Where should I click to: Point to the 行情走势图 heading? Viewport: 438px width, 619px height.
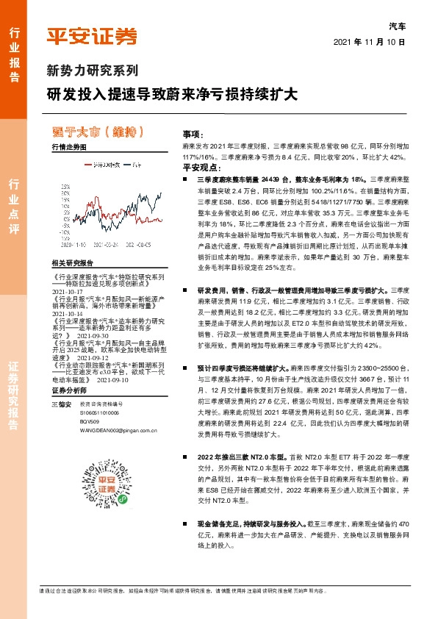click(x=69, y=148)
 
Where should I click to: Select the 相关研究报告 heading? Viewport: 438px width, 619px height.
click(x=72, y=263)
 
